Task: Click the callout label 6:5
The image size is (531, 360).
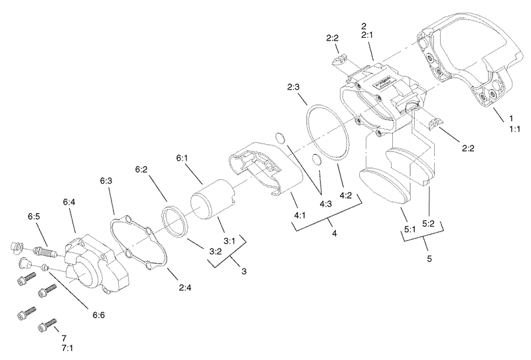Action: pyautogui.click(x=35, y=217)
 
